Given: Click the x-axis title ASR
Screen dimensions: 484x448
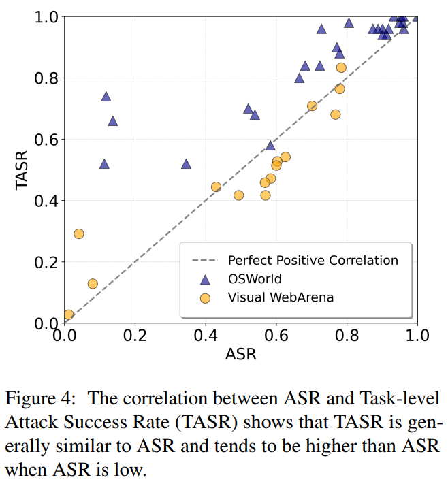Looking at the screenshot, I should click(241, 354).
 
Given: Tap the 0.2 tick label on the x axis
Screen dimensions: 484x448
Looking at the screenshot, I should click(135, 336).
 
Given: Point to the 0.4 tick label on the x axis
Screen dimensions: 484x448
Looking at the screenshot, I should click(206, 336).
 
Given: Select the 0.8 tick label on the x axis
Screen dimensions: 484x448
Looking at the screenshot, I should click(347, 336).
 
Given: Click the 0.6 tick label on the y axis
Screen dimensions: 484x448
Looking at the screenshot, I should click(46, 140).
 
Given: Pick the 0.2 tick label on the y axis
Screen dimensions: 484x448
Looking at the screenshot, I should click(46, 262).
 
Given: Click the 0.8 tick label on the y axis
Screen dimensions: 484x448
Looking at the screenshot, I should click(46, 78).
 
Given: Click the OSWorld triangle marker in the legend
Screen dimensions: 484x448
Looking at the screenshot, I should click(204, 278).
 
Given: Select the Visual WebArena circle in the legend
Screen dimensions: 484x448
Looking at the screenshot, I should click(204, 297).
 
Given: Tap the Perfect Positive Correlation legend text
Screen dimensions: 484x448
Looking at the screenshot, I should click(313, 260).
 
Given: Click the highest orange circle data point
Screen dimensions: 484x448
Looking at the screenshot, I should click(341, 67).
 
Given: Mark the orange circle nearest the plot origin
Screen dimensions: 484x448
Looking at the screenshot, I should click(68, 314).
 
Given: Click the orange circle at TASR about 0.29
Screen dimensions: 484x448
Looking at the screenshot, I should click(79, 233).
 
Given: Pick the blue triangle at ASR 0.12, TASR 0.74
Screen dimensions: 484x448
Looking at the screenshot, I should click(106, 97).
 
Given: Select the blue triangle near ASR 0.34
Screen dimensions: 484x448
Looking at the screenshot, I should click(186, 164).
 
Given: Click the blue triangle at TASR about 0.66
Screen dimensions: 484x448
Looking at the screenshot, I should click(113, 121).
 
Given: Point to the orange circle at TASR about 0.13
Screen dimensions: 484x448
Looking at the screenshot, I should click(93, 283).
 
